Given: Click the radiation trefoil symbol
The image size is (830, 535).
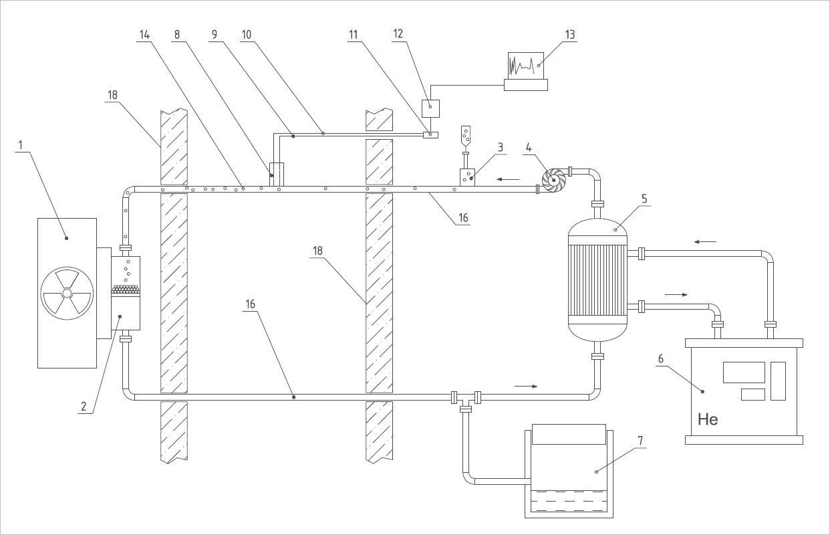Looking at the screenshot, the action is [x=67, y=294].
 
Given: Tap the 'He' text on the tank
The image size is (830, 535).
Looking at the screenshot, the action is [x=708, y=420].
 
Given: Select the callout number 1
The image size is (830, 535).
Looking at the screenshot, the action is [x=21, y=145].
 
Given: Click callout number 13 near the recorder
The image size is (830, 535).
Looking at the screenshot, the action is [x=570, y=35].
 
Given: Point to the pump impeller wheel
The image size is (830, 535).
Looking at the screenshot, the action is [x=553, y=181].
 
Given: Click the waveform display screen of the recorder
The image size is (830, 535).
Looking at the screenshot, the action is [x=525, y=66].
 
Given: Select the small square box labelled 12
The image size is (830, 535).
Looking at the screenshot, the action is [x=430, y=108].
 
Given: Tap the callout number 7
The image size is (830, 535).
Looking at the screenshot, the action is [x=640, y=441].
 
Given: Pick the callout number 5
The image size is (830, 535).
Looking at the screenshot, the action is [x=644, y=199].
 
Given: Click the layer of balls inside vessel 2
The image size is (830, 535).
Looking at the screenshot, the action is [x=126, y=290].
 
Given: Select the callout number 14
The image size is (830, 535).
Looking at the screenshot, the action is [x=144, y=35].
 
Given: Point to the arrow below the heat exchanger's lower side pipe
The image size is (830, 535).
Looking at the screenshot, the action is [x=676, y=295].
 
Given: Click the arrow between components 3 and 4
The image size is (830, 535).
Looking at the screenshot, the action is [x=508, y=179].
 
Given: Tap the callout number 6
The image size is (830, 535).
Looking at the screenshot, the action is [x=661, y=358].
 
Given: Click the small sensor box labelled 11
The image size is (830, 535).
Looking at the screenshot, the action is [x=430, y=135].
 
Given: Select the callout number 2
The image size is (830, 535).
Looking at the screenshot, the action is [x=84, y=407].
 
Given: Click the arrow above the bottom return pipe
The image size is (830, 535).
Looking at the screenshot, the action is [x=526, y=387].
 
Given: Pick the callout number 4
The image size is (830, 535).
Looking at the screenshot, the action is [x=529, y=148].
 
